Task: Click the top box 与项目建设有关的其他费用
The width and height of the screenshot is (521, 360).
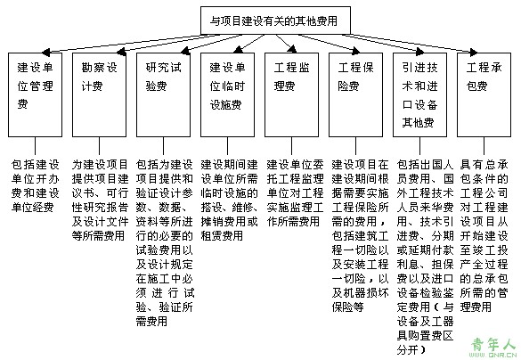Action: tap(275, 20)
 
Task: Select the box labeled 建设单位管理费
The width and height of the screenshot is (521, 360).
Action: tap(36, 94)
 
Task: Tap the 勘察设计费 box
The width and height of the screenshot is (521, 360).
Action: tap(100, 94)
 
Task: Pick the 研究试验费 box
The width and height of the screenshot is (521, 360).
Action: tap(164, 94)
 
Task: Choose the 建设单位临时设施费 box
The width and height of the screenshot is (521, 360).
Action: tap(228, 94)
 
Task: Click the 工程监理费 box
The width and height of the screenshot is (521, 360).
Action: tap(292, 94)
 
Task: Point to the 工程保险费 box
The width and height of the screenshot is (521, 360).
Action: tap(356, 94)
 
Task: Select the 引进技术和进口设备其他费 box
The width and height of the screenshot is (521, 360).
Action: tap(420, 94)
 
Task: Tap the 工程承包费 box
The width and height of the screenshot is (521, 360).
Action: tap(484, 94)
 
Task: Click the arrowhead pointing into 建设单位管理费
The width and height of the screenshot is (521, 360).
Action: tap(45, 53)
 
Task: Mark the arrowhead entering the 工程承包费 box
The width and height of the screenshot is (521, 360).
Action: tap(474, 52)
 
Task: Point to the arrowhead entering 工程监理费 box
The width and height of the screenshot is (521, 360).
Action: tap(292, 50)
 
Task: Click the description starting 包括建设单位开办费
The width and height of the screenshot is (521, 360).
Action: tap(36, 186)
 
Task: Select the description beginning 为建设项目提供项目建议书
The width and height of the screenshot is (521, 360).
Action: tap(100, 200)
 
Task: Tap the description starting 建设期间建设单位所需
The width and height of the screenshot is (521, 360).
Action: tap(229, 200)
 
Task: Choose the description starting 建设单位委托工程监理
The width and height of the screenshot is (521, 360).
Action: tap(295, 192)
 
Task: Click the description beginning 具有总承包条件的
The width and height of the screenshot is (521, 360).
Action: tap(484, 235)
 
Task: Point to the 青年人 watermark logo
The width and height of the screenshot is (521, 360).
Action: tap(494, 348)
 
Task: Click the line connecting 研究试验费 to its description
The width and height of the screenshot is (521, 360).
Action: tap(164, 145)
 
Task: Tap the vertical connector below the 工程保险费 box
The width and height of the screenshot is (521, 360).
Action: tap(356, 145)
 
